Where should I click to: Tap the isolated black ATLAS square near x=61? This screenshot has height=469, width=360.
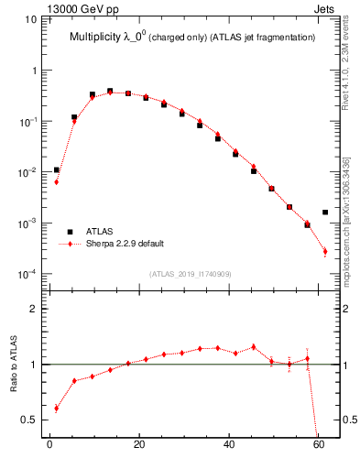click(x=325, y=213)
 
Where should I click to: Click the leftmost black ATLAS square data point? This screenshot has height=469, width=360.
click(x=57, y=169)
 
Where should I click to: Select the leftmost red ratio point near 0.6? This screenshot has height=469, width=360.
click(x=57, y=409)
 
